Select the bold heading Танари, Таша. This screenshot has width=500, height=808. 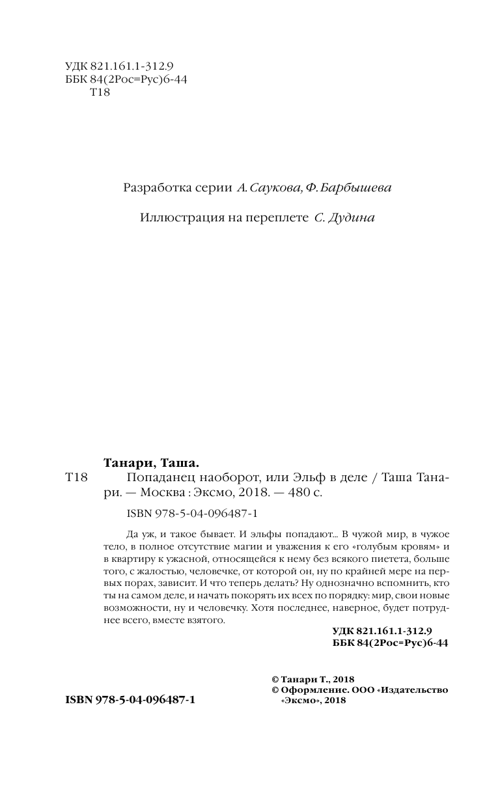click(151, 463)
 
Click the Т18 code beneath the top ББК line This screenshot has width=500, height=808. click(99, 93)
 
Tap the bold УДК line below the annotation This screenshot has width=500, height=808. click(387, 631)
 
